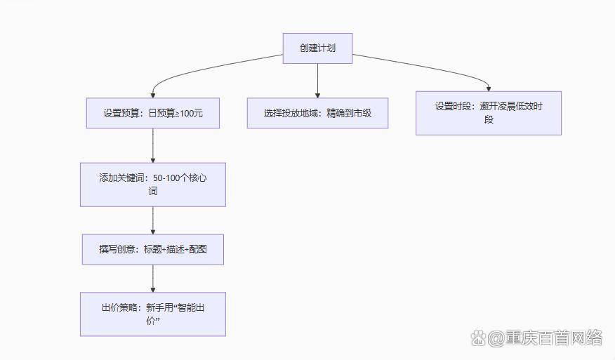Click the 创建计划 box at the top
(x=317, y=48)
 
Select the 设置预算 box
(x=153, y=113)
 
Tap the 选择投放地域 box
(x=317, y=113)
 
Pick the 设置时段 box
(x=489, y=113)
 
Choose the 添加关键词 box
(x=153, y=185)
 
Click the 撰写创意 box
(x=153, y=249)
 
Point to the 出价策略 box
(x=153, y=314)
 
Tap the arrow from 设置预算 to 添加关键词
(x=153, y=146)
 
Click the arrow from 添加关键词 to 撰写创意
(x=153, y=220)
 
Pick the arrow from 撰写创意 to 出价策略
(x=153, y=279)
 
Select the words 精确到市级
(x=349, y=113)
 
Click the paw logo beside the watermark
(x=477, y=339)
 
